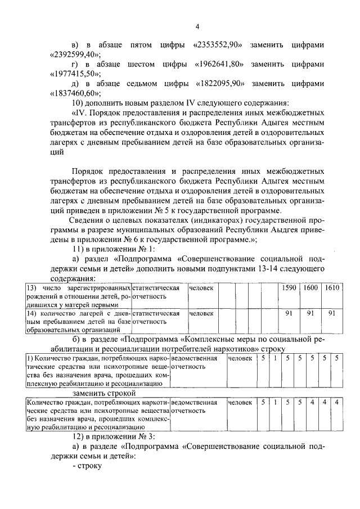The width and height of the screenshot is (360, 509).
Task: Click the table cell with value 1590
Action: point(288,288)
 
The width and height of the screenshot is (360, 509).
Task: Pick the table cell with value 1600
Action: point(310,288)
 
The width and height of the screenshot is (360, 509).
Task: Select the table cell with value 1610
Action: point(332,288)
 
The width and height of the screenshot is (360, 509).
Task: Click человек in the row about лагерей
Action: point(200,313)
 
